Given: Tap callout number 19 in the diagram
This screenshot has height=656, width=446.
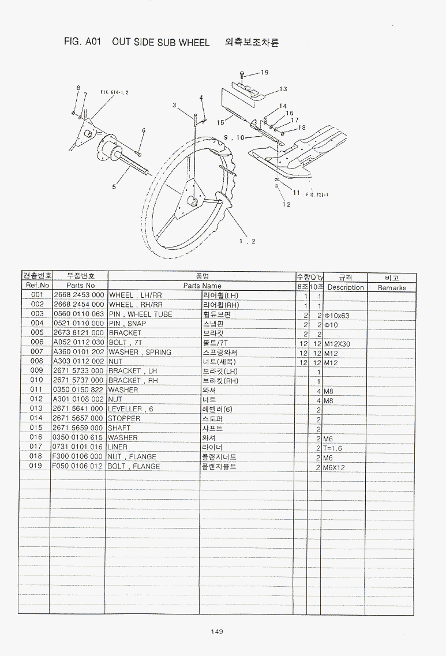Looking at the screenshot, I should [264, 73].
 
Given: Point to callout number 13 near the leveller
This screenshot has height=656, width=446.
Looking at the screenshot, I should [283, 89].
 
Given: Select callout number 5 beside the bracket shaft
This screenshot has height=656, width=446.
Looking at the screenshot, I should [114, 186].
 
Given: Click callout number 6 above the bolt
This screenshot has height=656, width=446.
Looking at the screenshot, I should [143, 130].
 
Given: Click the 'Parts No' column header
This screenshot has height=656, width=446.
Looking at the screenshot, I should [80, 286].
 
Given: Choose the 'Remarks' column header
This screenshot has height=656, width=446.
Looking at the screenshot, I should [392, 287].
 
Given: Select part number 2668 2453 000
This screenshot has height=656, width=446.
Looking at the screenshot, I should [78, 295].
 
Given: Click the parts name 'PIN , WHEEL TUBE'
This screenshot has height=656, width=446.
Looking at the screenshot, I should [140, 314].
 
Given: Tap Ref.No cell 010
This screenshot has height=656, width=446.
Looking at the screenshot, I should [37, 380].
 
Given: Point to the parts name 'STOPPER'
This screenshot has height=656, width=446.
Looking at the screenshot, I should [124, 418].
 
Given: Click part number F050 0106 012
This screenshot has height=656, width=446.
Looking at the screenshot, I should [78, 466].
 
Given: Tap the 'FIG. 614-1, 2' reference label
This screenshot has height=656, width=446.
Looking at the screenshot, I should [114, 92].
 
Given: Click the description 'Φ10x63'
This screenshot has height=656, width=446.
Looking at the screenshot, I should [337, 316].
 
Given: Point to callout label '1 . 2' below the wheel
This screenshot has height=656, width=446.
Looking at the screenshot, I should [248, 241].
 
